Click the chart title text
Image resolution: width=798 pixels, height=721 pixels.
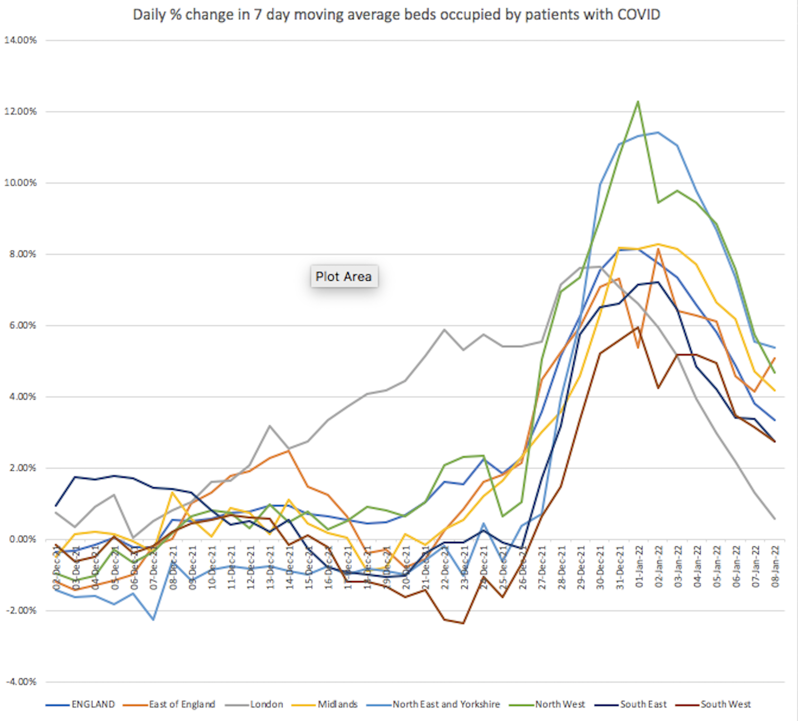point(396,14)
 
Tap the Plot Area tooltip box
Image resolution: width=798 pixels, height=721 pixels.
point(344,276)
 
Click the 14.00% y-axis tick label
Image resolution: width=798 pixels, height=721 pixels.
point(21,40)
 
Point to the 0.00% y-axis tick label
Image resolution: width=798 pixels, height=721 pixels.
point(23,539)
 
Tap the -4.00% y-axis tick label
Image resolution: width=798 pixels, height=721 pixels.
point(22,681)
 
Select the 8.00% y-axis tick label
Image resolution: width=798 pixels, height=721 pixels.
point(23,254)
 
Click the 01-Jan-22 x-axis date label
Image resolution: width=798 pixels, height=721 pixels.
point(639,568)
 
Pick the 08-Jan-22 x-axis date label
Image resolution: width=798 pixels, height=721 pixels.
point(775,568)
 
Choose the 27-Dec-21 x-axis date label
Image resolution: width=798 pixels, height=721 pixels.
point(542,568)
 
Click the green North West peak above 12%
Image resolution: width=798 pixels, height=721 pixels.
point(638,101)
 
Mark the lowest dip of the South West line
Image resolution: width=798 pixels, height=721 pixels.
point(463,623)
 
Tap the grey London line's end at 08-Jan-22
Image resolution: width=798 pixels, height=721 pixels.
point(775,519)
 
